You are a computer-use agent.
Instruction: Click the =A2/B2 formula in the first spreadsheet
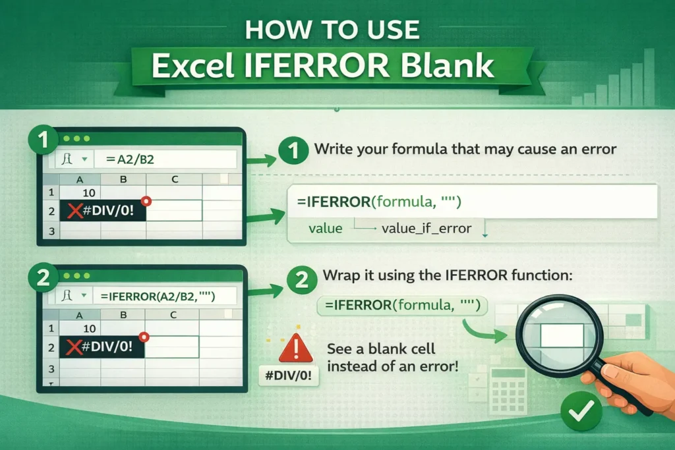pos(128,159)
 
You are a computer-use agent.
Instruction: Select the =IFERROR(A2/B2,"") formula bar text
pos(159,295)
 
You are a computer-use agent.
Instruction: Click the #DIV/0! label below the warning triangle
pos(288,380)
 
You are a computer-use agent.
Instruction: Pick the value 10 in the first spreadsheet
pos(90,192)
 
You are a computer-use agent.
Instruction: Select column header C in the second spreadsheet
pos(173,315)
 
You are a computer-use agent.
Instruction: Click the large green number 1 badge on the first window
pos(44,140)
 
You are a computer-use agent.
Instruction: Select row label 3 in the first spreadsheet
pos(50,231)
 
